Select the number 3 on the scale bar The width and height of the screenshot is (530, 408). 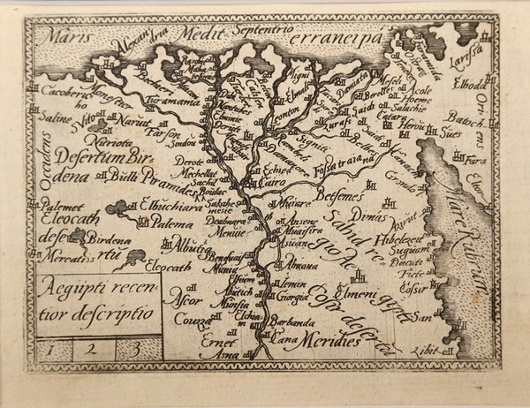(133, 347)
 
